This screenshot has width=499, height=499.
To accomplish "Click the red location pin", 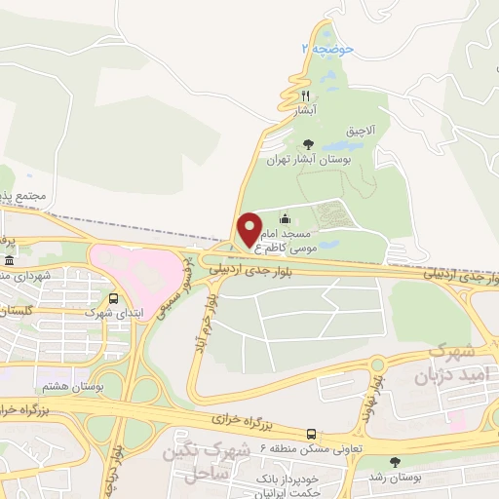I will [x=250, y=229].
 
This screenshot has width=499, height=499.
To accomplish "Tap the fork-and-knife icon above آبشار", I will [x=305, y=96].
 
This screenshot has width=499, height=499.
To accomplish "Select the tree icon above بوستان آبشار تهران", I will [x=309, y=143].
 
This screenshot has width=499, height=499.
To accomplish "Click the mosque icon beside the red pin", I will [x=284, y=218].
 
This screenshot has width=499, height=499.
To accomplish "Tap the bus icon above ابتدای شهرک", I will [x=115, y=298].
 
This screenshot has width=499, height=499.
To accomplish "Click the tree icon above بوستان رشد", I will [x=395, y=462].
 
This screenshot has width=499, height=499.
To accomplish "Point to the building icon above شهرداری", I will [x=9, y=261].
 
